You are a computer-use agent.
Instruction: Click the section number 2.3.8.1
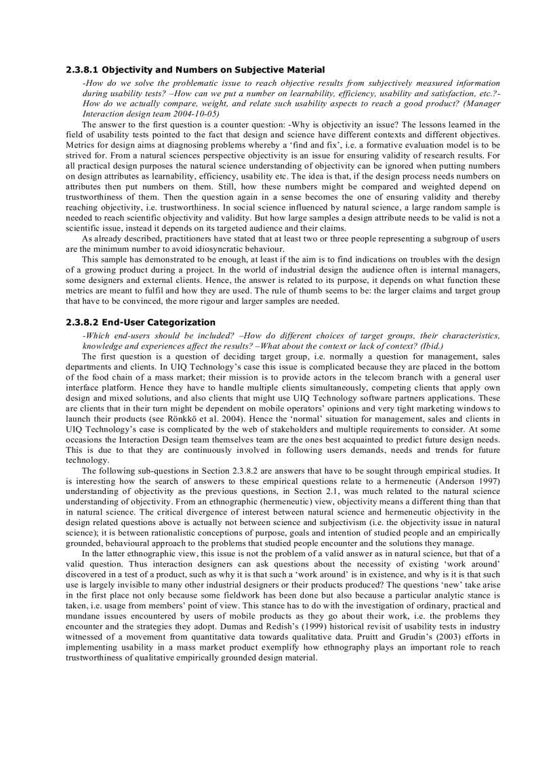coord(82,70)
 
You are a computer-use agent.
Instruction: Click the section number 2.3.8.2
coord(82,322)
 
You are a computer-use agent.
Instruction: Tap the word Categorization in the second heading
coord(183,322)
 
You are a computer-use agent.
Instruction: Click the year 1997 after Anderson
coord(489,481)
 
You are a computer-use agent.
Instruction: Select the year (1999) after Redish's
coord(383,625)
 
